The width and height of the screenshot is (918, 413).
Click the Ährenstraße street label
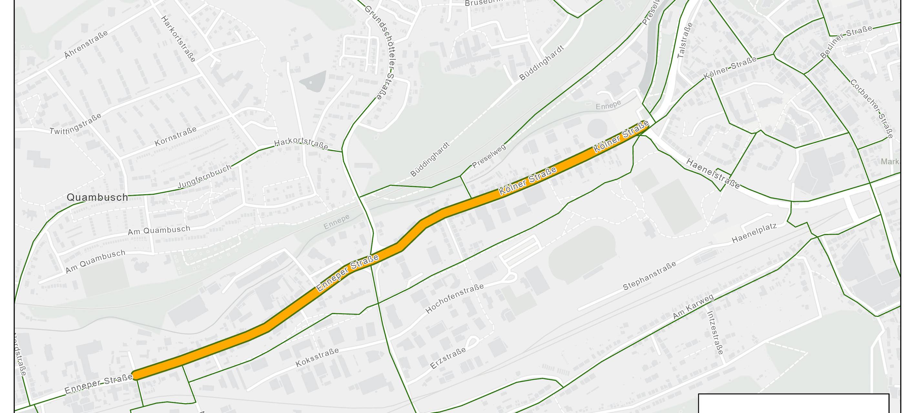(x=86, y=45)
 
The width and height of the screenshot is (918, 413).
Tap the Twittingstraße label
(x=76, y=124)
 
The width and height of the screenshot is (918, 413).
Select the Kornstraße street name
(x=175, y=136)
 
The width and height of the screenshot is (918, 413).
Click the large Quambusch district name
(x=97, y=197)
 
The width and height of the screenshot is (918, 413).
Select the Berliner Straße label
(x=846, y=42)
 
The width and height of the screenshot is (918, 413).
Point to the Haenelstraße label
(x=713, y=173)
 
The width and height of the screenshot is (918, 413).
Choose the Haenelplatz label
(x=754, y=233)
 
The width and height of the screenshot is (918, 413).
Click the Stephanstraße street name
(x=649, y=276)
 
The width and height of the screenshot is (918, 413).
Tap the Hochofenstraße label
(x=454, y=298)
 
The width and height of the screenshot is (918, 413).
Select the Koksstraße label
(x=317, y=358)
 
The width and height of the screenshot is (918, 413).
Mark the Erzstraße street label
(x=448, y=358)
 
